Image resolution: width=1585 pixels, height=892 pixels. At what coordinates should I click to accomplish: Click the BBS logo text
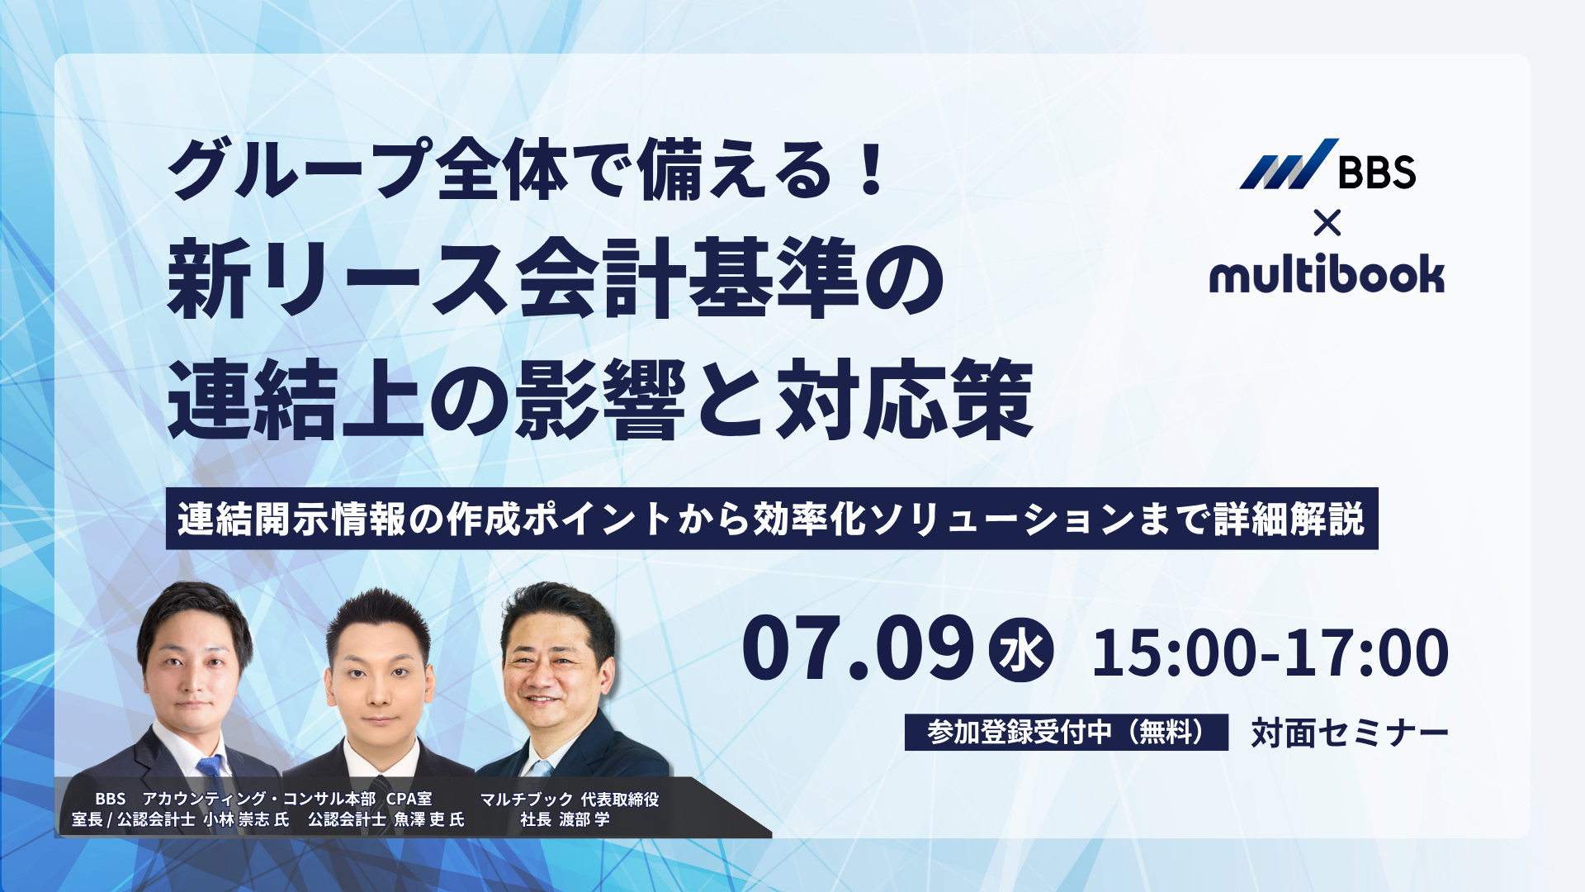tap(1376, 172)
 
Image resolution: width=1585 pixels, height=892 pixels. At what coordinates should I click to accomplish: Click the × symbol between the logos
tap(1327, 223)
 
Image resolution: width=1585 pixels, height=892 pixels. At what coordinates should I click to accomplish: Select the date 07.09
tap(858, 649)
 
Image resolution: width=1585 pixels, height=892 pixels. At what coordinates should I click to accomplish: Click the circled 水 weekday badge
tap(1021, 650)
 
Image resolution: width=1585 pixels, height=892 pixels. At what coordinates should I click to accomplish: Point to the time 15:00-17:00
tap(1270, 652)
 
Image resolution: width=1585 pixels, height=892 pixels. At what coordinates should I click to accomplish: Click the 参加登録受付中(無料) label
tap(1066, 732)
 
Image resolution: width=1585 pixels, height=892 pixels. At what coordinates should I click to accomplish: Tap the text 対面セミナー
tap(1350, 733)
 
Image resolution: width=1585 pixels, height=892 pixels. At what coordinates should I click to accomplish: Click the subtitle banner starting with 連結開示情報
tap(772, 519)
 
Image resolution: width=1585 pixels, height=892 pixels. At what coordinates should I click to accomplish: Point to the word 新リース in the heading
tap(337, 279)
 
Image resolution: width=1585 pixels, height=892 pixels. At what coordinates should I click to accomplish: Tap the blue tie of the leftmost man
tap(211, 772)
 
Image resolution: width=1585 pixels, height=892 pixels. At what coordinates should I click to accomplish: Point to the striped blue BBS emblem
tap(1288, 164)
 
